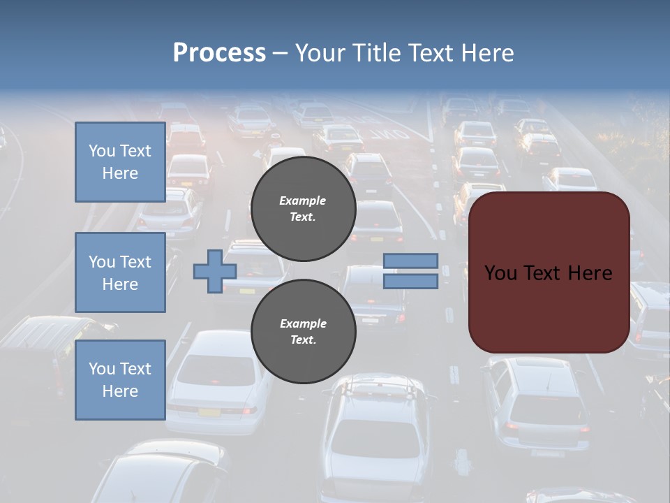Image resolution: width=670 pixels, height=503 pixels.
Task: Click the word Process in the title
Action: click(x=219, y=53)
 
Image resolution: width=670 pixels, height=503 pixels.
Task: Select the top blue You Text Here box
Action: click(x=120, y=162)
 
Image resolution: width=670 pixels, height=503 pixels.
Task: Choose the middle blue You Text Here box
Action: click(x=120, y=272)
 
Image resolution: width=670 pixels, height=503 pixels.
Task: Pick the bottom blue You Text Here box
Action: click(x=120, y=379)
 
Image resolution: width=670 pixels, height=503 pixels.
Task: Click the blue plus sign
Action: click(x=214, y=272)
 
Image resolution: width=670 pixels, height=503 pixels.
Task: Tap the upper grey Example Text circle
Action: click(x=303, y=208)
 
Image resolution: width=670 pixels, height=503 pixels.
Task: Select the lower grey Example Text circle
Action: click(x=303, y=331)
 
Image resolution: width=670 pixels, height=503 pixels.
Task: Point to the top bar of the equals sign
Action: click(x=410, y=261)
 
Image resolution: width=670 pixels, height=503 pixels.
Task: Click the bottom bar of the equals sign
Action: click(x=410, y=281)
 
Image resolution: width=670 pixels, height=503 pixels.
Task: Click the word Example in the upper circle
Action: click(x=303, y=201)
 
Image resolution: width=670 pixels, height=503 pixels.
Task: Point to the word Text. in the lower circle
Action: click(x=303, y=340)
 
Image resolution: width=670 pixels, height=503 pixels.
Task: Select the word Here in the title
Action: click(x=488, y=53)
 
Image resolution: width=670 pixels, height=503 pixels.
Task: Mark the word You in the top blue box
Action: click(x=102, y=151)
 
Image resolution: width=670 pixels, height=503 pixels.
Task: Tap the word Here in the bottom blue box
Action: click(x=120, y=391)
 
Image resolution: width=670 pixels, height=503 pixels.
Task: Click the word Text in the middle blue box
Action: click(x=135, y=262)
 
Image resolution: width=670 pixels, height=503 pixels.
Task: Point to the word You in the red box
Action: click(x=500, y=273)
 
